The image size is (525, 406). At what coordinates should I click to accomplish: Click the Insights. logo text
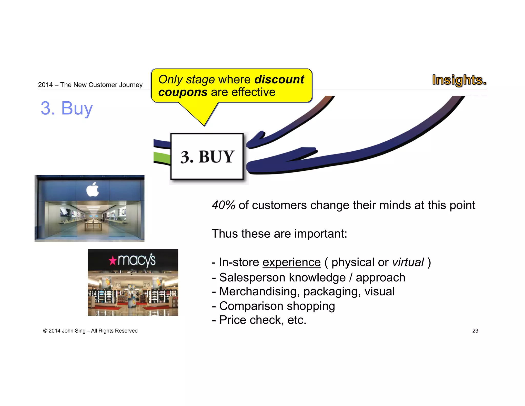459,80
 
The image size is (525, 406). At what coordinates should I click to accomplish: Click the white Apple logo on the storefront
93,190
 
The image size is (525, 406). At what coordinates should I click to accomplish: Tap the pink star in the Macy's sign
112,261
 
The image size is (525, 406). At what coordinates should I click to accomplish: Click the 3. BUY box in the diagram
207,156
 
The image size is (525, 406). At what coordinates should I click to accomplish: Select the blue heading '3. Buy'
67,108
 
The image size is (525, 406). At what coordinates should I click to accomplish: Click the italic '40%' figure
223,205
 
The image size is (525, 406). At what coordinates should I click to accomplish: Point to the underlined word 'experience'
291,262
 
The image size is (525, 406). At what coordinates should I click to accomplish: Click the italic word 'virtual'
408,262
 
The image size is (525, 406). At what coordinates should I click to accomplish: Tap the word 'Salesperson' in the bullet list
252,277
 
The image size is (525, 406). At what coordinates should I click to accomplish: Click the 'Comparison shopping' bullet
277,306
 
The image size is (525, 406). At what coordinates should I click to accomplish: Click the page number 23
475,331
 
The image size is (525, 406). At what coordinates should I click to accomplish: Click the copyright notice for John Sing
90,331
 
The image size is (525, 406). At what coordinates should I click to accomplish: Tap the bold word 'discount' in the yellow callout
279,79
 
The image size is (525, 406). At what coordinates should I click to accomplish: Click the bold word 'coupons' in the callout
183,92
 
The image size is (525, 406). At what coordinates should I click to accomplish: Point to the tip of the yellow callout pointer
204,125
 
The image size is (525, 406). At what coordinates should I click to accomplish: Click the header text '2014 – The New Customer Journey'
90,85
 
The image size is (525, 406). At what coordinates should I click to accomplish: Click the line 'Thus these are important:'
279,234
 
